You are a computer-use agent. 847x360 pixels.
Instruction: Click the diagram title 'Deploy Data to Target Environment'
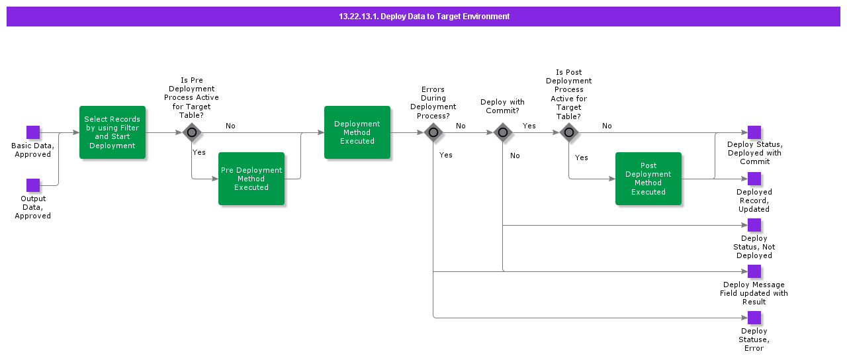point(423,17)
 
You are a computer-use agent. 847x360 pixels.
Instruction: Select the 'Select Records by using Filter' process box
point(112,132)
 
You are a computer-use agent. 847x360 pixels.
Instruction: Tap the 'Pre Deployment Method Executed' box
point(251,179)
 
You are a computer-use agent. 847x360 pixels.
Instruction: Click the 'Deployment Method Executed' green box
point(357,132)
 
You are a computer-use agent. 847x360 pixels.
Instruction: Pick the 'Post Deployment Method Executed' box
point(648,179)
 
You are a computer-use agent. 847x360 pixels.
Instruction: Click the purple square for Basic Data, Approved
point(33,132)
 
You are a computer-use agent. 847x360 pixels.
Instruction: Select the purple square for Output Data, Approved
point(33,185)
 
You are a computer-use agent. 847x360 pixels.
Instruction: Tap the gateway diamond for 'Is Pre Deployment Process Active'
point(192,132)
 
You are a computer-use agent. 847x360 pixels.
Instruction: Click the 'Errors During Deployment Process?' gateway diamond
point(433,132)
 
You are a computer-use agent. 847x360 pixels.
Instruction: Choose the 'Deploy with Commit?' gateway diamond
point(503,132)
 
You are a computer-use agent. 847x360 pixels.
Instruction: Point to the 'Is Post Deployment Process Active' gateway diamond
point(569,132)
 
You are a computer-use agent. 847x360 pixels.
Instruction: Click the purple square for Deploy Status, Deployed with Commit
point(754,132)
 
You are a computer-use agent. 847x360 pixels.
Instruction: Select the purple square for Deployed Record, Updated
point(754,179)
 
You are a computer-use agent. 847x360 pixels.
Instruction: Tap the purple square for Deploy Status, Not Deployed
point(754,225)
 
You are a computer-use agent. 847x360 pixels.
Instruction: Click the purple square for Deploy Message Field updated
point(754,271)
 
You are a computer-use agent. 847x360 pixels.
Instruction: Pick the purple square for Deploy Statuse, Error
point(754,318)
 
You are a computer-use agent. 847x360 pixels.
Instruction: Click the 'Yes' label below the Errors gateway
point(446,155)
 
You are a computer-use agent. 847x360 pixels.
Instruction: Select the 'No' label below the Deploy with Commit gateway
point(515,156)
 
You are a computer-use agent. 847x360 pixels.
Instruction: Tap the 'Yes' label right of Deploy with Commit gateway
point(529,126)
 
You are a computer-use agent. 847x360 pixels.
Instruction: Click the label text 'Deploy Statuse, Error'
point(754,339)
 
